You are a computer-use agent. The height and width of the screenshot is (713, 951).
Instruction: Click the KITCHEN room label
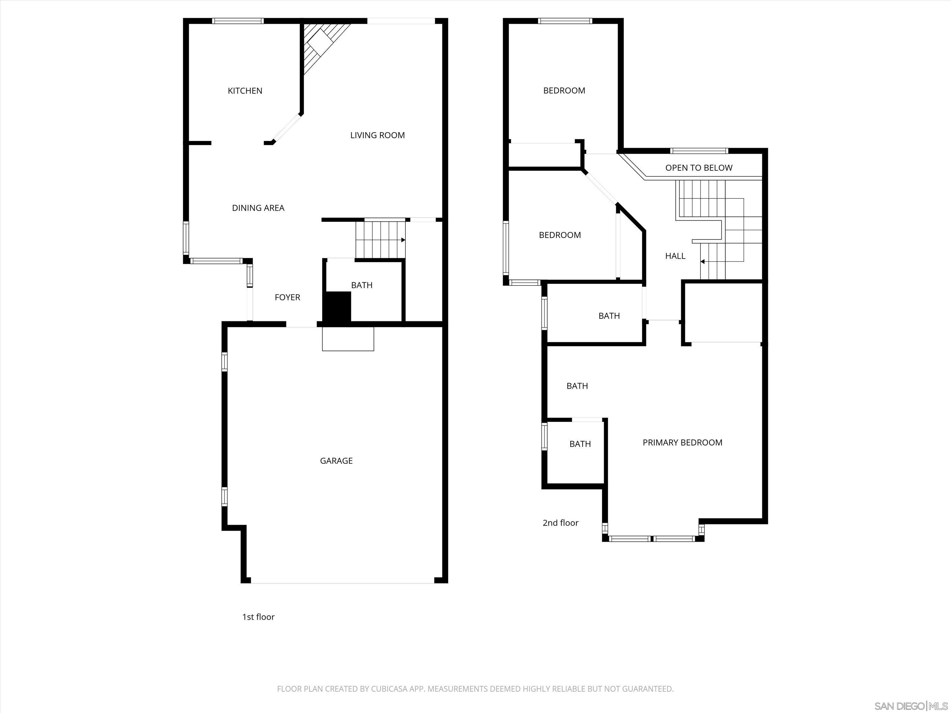(245, 91)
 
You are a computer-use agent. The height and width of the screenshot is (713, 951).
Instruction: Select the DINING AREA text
(258, 208)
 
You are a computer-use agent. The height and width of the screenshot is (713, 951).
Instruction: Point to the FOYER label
(287, 298)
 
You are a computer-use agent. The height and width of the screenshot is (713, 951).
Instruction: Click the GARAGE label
(336, 461)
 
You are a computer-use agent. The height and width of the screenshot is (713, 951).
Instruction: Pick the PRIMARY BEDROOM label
(682, 443)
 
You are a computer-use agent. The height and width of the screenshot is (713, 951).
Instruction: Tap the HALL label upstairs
(675, 256)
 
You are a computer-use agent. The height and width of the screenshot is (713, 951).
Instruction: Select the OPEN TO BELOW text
(699, 168)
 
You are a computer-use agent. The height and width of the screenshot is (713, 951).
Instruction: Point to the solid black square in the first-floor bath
(337, 306)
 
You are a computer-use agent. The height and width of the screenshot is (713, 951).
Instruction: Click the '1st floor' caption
(258, 617)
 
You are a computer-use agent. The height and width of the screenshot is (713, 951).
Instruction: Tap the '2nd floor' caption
(560, 523)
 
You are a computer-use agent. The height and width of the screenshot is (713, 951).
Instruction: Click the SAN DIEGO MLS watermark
(911, 706)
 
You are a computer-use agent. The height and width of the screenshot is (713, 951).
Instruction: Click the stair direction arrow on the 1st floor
(403, 240)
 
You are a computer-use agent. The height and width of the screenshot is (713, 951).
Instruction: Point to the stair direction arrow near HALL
(702, 261)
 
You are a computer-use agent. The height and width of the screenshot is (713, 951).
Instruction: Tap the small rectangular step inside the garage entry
(348, 339)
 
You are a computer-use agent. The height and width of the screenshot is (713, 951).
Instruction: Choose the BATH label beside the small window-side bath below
(580, 444)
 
